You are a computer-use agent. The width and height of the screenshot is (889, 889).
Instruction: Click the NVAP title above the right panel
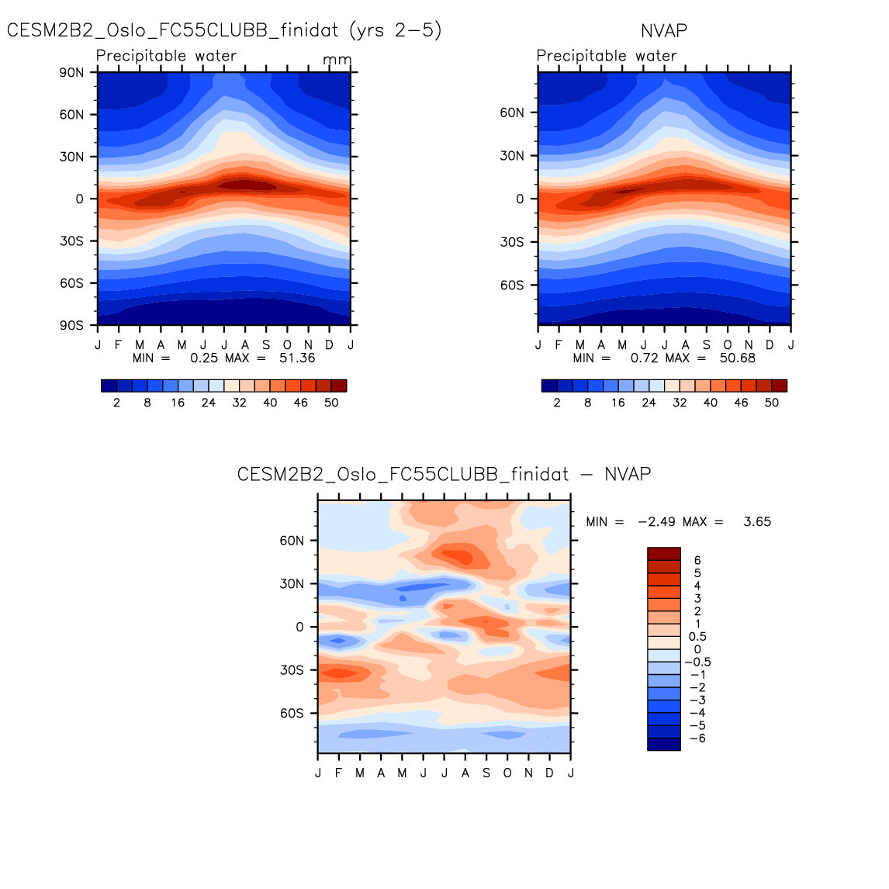coord(664,30)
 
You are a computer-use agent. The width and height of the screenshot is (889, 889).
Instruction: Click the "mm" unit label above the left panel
coord(337,60)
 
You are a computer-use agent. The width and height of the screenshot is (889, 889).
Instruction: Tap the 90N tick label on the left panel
coord(71,72)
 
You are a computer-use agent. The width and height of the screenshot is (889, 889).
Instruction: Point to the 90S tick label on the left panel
coord(71,325)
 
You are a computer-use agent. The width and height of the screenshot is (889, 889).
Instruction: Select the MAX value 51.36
coord(296,358)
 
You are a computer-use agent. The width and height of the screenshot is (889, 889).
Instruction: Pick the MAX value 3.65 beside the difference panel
coord(756,521)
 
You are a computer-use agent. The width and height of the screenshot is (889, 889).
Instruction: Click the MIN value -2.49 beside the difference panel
coord(656,521)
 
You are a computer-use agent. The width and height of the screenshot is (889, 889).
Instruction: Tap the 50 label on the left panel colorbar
coord(331,403)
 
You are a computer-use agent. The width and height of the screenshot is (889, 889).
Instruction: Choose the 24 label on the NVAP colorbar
coord(649,403)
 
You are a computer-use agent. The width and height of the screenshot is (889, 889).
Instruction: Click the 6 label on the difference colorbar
coord(697,560)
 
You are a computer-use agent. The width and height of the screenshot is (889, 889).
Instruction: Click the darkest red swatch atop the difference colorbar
coord(664,554)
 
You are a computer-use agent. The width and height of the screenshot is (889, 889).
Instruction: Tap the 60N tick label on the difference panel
coord(292,541)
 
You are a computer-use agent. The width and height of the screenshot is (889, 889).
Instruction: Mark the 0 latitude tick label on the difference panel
coord(300,627)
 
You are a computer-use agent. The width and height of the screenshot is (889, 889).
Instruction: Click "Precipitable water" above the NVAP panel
coord(607,56)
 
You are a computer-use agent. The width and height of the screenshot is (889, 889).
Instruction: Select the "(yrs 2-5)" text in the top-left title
coord(396,30)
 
